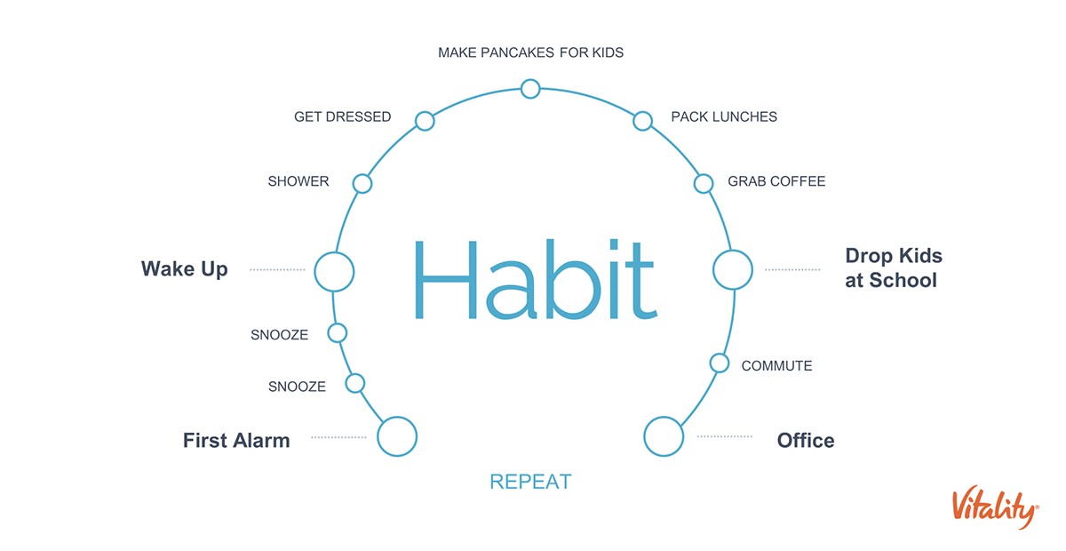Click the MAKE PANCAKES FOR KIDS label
[x=530, y=52]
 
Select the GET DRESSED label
[x=343, y=116]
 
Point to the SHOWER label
[x=298, y=181]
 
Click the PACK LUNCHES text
[x=724, y=116]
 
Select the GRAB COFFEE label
[x=776, y=181]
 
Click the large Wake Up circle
[x=334, y=252]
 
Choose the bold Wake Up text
[x=185, y=269]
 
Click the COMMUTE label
[x=776, y=366]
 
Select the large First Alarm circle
[x=397, y=418]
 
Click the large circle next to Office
[x=664, y=418]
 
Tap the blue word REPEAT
[x=530, y=482]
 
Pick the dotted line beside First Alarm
[x=338, y=437]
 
